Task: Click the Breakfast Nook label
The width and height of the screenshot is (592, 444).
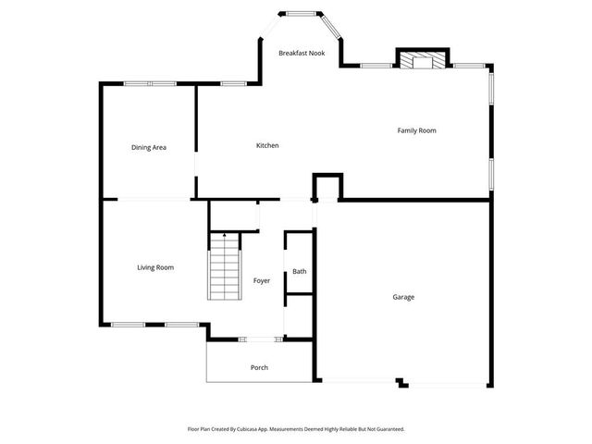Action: click(302, 53)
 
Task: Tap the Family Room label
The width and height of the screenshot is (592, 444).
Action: click(416, 130)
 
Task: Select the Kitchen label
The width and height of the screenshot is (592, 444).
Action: click(267, 145)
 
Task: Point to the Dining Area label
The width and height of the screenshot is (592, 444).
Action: click(148, 147)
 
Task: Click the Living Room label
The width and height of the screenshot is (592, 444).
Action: click(155, 267)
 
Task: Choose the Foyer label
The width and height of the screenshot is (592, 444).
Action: click(262, 279)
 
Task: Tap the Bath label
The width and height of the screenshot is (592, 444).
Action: click(300, 271)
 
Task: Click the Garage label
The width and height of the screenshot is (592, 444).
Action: click(403, 297)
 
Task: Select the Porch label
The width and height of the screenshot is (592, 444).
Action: click(260, 367)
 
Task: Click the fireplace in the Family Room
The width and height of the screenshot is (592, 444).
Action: click(422, 60)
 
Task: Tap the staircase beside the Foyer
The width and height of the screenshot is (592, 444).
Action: click(224, 268)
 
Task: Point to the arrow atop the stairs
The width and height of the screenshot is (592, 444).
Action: click(224, 237)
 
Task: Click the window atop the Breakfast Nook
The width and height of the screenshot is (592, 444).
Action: click(298, 13)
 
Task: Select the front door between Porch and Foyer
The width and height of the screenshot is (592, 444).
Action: click(260, 339)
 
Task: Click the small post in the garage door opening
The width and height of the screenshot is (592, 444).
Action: click(401, 381)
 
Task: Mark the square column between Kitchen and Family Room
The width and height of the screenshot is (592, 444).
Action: click(327, 187)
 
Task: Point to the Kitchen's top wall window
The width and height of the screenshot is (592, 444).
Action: click(234, 84)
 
